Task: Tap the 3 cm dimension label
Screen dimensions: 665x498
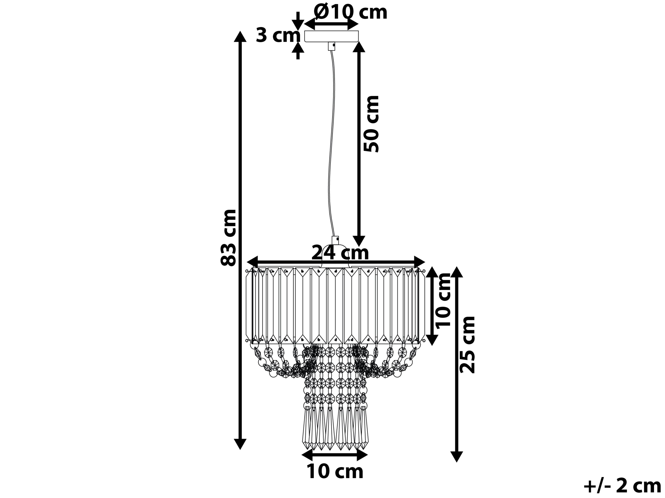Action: [278, 36]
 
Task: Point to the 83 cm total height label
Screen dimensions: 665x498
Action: [228, 238]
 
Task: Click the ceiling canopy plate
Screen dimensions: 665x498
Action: [331, 36]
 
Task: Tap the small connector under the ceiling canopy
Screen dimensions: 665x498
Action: [332, 46]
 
